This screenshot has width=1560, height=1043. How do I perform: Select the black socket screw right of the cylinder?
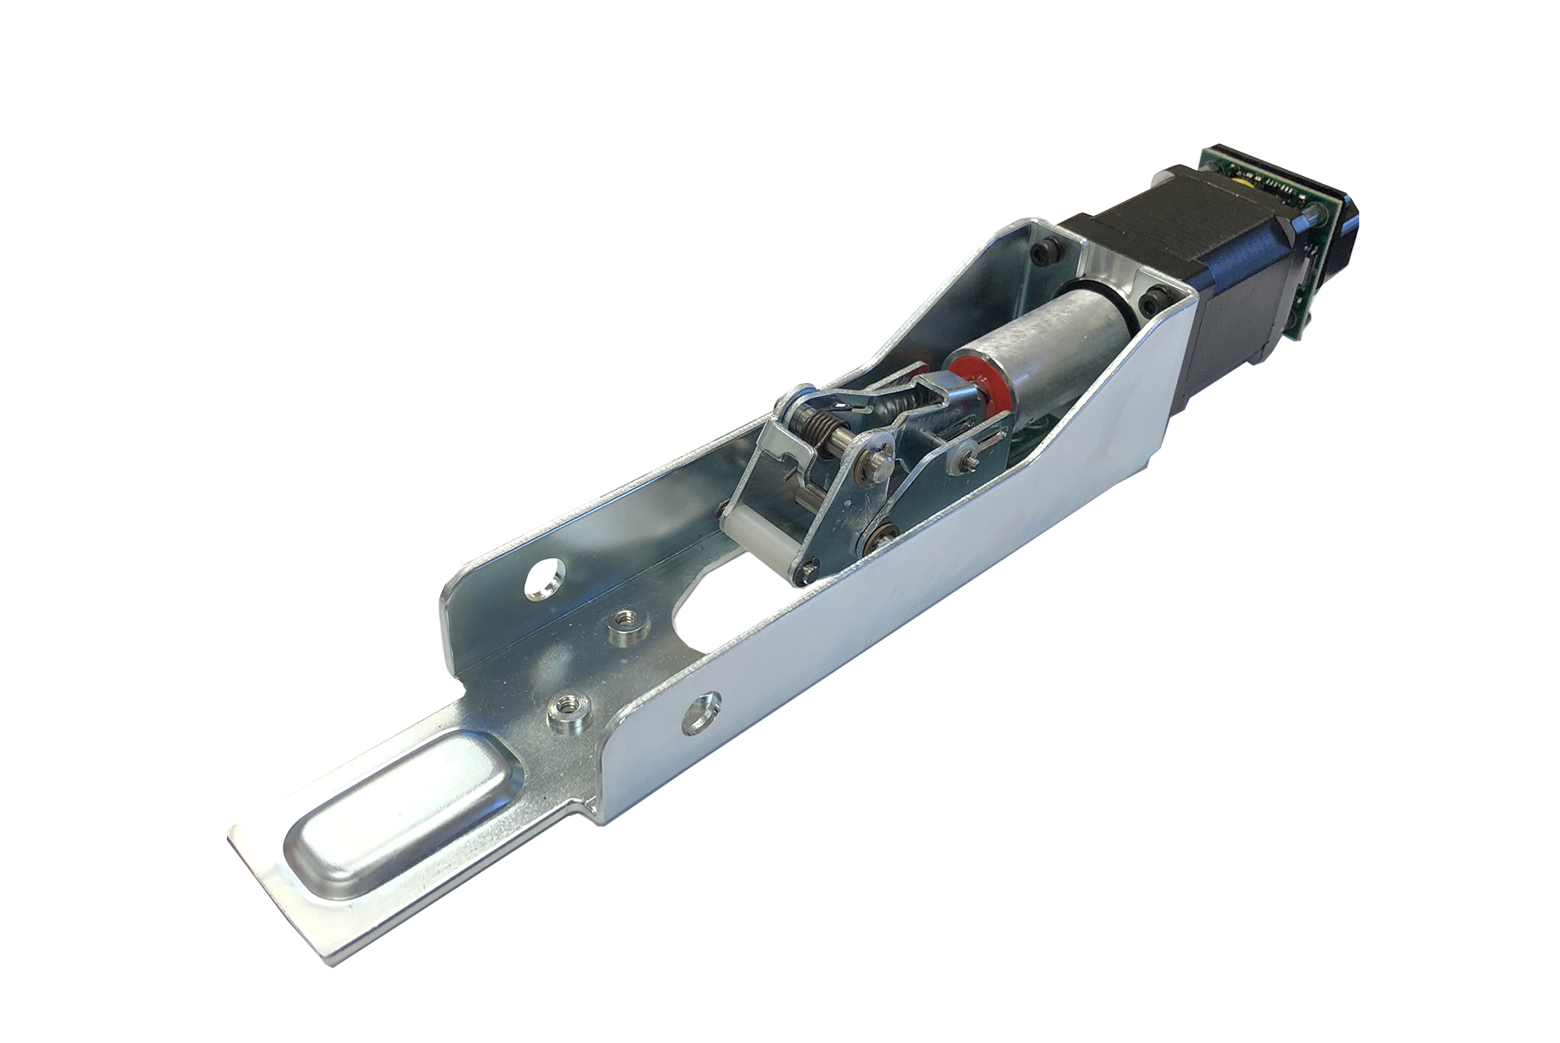click(1154, 302)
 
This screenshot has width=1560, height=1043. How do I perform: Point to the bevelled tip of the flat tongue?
click(277, 893)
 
